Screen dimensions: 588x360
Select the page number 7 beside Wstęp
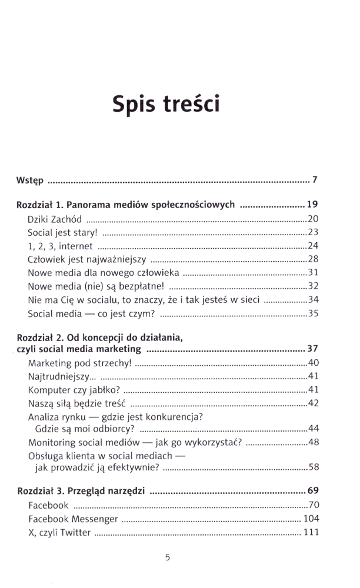click(x=315, y=179)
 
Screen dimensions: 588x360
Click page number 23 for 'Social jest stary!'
click(x=313, y=232)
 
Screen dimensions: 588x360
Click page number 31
click(x=313, y=273)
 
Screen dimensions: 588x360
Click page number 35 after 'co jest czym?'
click(x=313, y=314)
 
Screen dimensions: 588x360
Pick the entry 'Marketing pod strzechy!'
click(x=79, y=363)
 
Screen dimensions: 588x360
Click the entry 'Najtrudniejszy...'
click(x=63, y=376)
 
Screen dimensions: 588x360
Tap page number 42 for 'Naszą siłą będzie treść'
click(x=313, y=403)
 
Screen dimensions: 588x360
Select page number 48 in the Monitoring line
click(x=313, y=443)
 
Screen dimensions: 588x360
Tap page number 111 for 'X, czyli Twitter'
click(x=311, y=532)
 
